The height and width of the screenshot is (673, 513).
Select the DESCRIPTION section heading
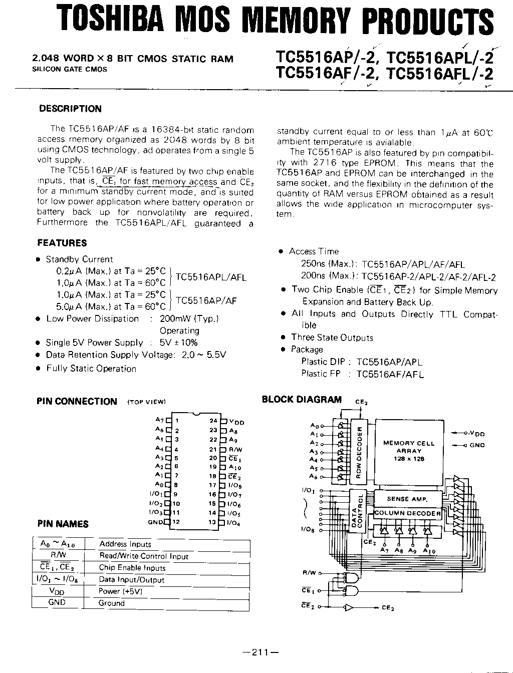pos(70,109)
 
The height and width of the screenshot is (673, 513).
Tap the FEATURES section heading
pos(62,243)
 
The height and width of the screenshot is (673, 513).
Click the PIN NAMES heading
pos(63,524)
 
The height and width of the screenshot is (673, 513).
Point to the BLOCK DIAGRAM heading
pos(302,399)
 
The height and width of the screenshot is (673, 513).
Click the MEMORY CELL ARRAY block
pos(409,451)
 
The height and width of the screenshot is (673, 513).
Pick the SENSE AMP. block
pos(407,499)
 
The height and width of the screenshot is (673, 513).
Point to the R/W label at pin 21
pos(235,450)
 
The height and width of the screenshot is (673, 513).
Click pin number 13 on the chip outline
pos(212,522)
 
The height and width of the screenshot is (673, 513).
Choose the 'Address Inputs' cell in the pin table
pos(125,544)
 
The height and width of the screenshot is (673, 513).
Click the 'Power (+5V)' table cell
pos(120,591)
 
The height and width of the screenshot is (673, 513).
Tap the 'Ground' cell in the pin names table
pos(111,603)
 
